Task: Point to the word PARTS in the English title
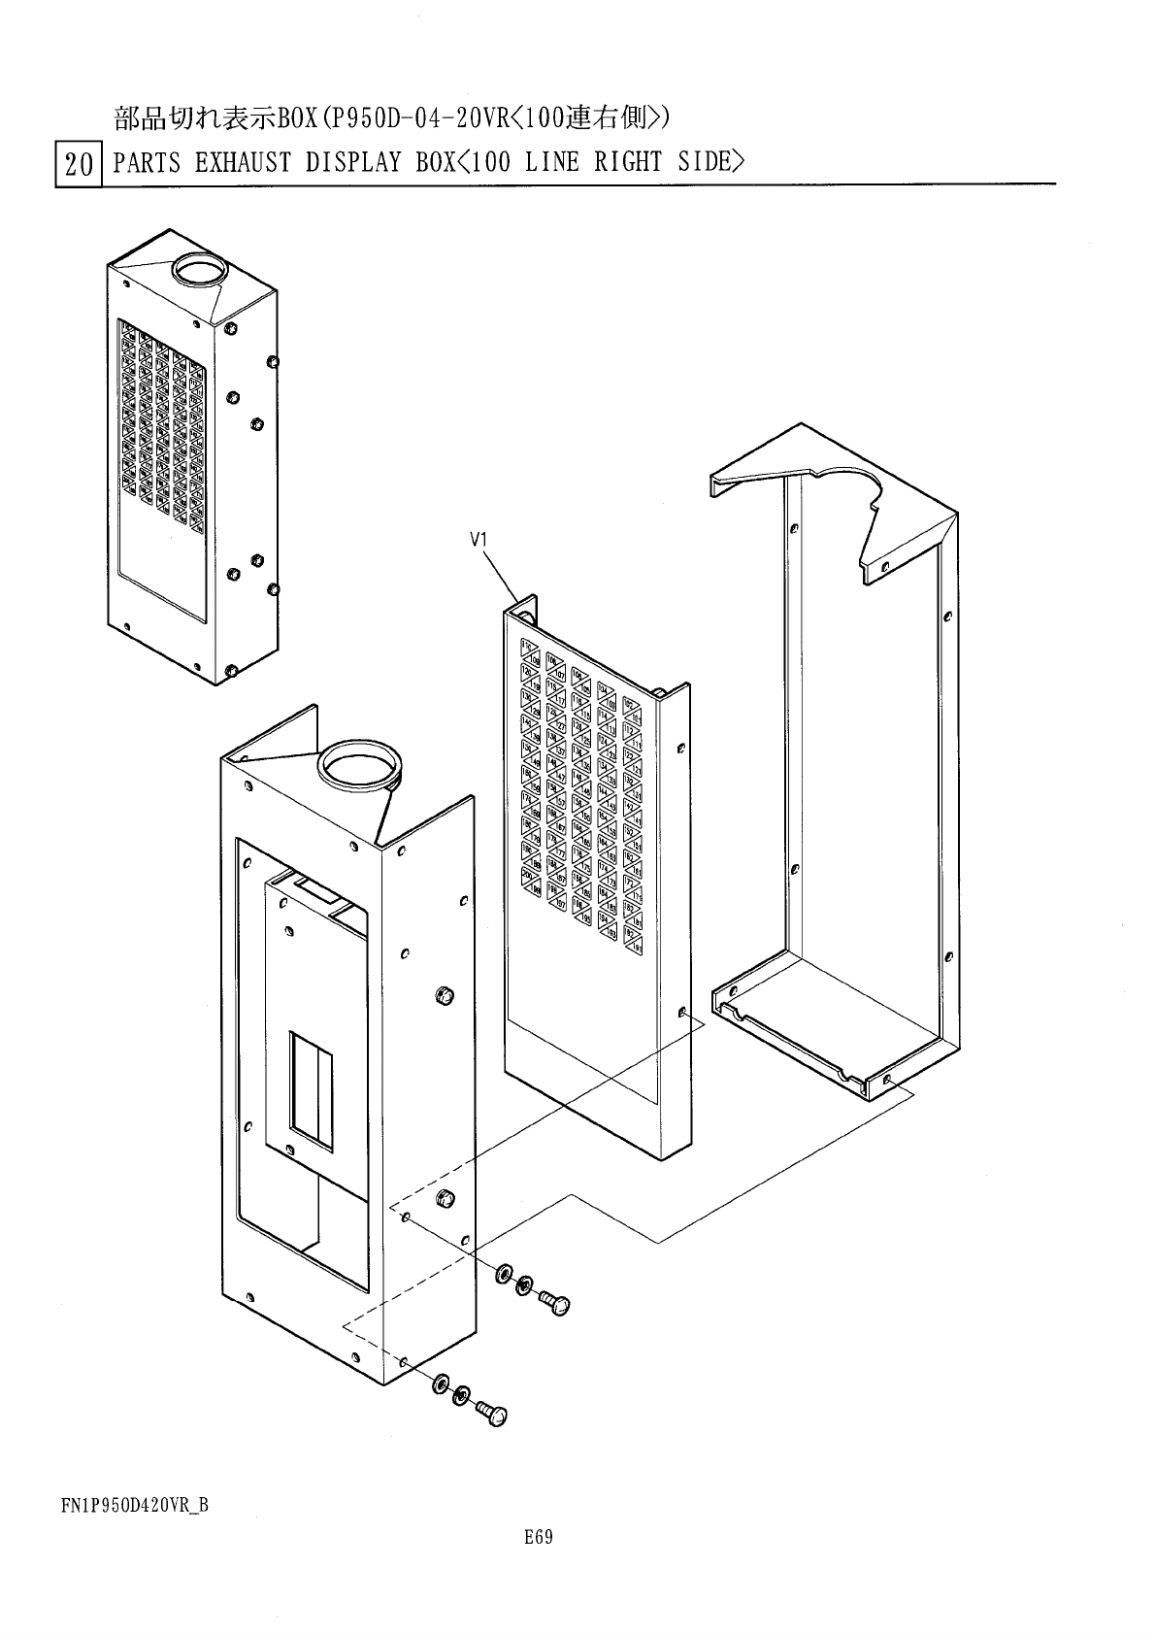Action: [x=146, y=162]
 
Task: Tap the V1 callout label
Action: [x=478, y=542]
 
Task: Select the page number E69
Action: [x=538, y=1536]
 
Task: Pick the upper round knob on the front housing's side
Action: [x=445, y=995]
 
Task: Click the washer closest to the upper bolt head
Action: [x=525, y=1285]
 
